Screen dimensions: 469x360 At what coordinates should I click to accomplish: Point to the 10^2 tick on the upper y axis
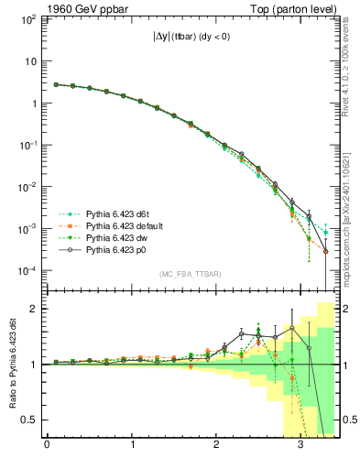click(28, 19)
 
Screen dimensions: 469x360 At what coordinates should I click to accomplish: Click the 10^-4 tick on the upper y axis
click(28, 271)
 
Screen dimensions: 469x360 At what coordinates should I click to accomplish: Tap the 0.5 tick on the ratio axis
click(30, 420)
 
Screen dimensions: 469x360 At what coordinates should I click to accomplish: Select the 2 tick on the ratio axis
click(36, 309)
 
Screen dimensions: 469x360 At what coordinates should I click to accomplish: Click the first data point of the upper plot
click(56, 84)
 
